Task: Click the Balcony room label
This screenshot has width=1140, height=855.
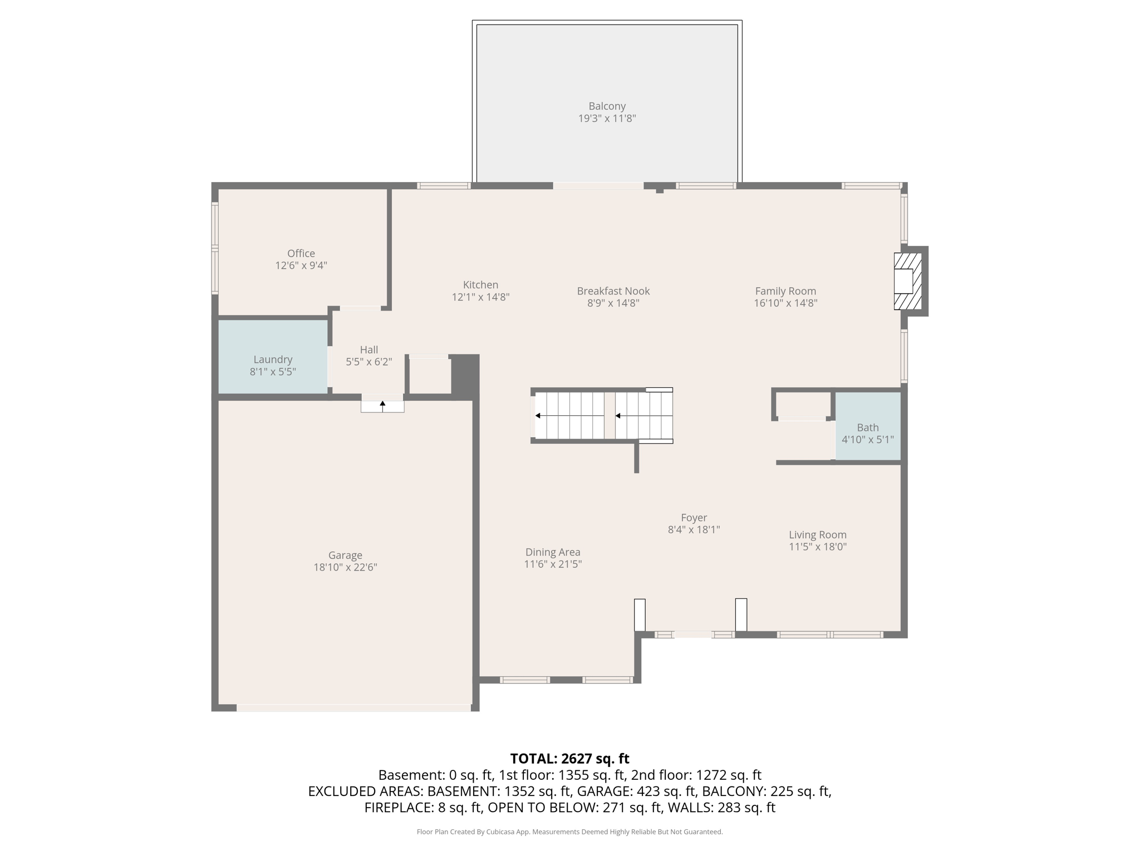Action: point(607,106)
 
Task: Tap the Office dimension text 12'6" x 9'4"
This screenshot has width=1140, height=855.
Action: point(301,266)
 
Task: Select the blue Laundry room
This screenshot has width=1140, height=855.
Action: point(272,357)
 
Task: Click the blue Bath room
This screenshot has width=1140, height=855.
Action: point(867,426)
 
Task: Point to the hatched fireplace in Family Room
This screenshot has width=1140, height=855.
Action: point(907,281)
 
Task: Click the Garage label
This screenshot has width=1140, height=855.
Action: point(345,555)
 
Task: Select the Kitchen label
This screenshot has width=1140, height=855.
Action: point(480,284)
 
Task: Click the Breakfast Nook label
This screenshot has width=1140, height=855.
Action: point(613,291)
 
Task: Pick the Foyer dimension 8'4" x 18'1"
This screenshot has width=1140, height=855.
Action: point(694,529)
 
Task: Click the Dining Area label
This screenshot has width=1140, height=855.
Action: point(553,552)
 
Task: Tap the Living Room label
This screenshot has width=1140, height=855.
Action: point(817,534)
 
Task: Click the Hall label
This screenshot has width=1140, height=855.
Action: point(368,350)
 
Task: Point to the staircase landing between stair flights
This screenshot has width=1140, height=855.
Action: point(610,415)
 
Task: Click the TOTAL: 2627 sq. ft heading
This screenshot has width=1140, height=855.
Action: point(569,758)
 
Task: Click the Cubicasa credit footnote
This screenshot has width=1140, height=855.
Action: point(569,832)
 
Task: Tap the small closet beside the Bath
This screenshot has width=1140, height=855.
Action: point(802,405)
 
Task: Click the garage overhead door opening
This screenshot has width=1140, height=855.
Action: point(354,707)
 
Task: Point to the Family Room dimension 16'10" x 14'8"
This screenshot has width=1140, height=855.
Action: point(785,303)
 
